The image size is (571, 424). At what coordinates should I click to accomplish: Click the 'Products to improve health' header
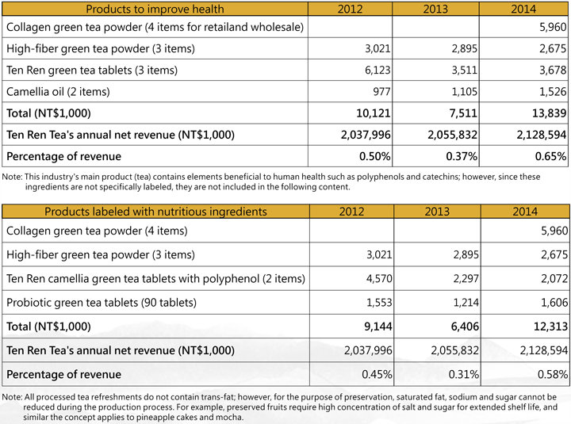pos(155,9)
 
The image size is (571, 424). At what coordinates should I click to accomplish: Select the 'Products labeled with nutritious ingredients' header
pos(156,212)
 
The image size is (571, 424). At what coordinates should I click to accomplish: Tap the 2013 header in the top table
pos(435,9)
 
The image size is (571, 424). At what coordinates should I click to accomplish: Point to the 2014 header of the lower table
pos(525,212)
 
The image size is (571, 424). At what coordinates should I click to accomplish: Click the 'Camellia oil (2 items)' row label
pos(58,91)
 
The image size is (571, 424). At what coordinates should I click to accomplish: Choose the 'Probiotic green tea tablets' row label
pos(102,303)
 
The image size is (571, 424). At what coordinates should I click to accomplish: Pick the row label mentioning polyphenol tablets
pos(155,278)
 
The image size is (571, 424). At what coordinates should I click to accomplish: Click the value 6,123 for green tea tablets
pos(377,70)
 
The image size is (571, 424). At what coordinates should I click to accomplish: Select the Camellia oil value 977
pos(381,91)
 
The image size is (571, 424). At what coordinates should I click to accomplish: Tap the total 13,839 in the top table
pos(549,113)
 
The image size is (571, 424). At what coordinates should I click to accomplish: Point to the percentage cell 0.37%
pos(462,156)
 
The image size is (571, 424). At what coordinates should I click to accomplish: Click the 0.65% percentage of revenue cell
pos(550,156)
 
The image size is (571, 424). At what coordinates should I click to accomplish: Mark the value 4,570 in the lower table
pos(379,278)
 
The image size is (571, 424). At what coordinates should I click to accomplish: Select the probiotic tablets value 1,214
pos(466,303)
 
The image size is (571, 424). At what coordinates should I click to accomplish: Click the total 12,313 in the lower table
pos(550,327)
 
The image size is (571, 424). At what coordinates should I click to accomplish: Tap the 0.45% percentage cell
pos(377,374)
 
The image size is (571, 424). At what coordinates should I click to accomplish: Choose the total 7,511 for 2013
pos(463,113)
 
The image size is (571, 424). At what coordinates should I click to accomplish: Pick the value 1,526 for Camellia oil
pos(553,91)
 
